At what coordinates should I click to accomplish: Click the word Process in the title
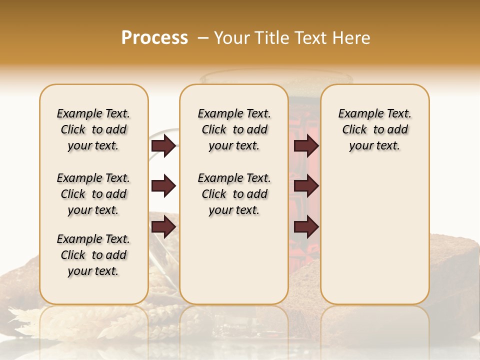154,38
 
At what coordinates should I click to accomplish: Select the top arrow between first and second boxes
163,146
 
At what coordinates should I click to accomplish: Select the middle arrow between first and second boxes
163,186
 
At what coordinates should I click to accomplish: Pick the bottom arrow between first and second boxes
163,227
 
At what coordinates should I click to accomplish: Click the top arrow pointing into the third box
306,146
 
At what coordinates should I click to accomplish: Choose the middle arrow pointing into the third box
306,186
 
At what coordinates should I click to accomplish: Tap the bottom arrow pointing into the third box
306,227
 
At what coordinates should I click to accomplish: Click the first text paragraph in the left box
93,129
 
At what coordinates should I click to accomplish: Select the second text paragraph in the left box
93,194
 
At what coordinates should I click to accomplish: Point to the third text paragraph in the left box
93,255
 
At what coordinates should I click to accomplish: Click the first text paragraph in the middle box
234,129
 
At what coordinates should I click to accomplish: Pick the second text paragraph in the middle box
234,194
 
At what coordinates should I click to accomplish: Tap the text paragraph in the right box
374,129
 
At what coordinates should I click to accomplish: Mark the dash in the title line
203,38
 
